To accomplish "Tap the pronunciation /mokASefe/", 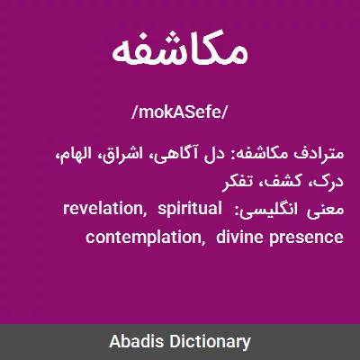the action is pos(180,112).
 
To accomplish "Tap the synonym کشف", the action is pos(280,181).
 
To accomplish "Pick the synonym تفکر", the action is pos(238,181).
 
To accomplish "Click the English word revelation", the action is pos(102,208).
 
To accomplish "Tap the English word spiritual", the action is pos(189,210).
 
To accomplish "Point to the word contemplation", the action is pos(143,238).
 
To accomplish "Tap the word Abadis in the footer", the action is pos(136,342).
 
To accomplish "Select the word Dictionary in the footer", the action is pos(210,342).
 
